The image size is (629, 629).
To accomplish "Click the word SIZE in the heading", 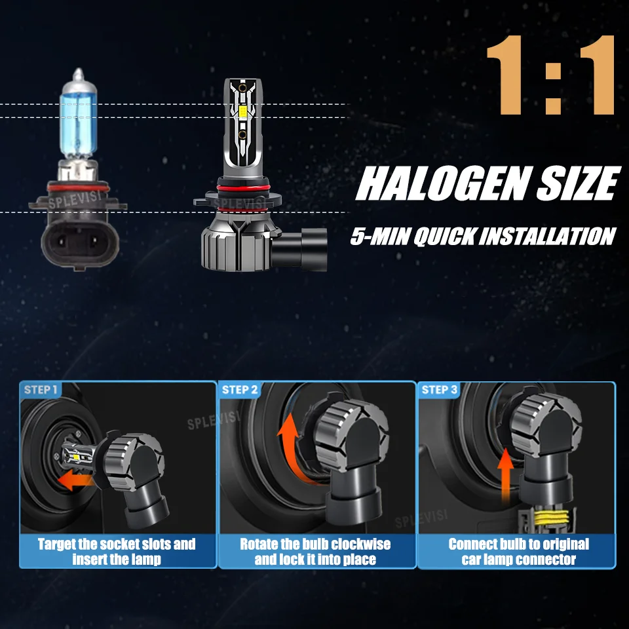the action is point(579,183).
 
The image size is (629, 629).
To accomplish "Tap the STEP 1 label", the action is point(41,389).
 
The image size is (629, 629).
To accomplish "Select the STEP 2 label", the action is point(240,389).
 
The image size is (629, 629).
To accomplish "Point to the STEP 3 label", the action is point(439,389).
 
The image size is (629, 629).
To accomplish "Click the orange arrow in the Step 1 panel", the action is point(75,480).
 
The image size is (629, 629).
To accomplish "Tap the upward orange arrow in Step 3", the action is point(506,476).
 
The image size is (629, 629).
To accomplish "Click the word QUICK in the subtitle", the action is point(445,237).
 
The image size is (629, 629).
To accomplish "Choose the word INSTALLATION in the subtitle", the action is point(548,236).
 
